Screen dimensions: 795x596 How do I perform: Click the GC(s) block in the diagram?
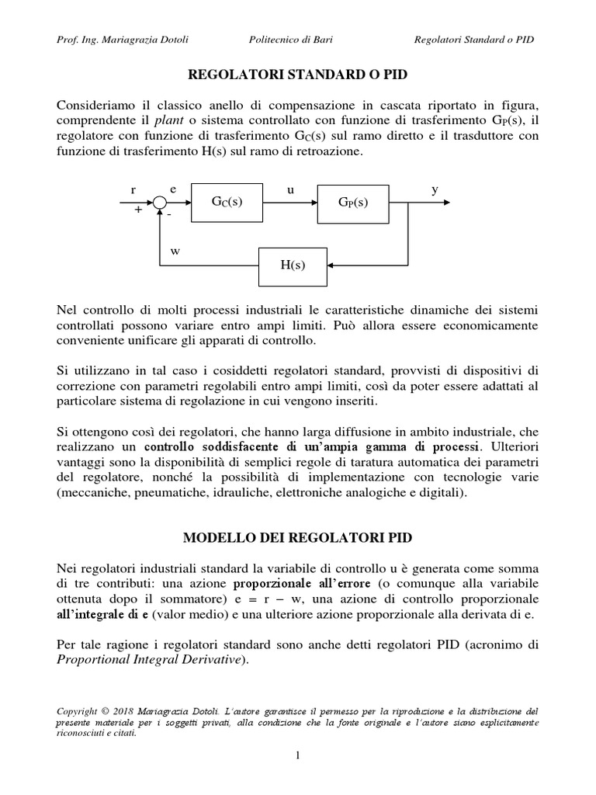[x=227, y=202]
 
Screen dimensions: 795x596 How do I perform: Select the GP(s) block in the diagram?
[x=352, y=202]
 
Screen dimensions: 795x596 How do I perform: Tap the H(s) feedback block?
[x=293, y=264]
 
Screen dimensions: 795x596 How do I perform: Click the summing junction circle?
[x=160, y=202]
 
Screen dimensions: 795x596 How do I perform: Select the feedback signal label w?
[x=175, y=251]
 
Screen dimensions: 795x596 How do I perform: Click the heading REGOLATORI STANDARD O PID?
[x=298, y=75]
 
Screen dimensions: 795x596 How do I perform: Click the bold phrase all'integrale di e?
[x=102, y=614]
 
